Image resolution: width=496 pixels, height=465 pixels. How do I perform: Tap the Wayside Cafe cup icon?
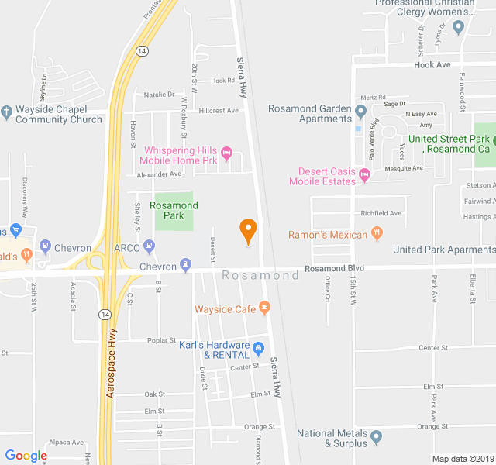264,308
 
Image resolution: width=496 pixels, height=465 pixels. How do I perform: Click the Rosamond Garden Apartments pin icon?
360,113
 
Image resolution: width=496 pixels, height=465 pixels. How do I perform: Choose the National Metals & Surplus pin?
377,438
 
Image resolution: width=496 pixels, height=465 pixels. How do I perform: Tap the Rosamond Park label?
174,210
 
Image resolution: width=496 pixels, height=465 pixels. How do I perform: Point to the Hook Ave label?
432,65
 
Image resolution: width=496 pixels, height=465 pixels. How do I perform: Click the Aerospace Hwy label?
112,363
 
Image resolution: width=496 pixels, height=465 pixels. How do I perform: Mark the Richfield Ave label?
381,213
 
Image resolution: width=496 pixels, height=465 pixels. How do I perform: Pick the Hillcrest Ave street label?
219,110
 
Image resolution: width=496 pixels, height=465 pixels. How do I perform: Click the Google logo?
26,455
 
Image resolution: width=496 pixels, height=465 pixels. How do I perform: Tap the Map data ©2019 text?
463,459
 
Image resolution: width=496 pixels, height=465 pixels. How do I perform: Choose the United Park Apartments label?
443,250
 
